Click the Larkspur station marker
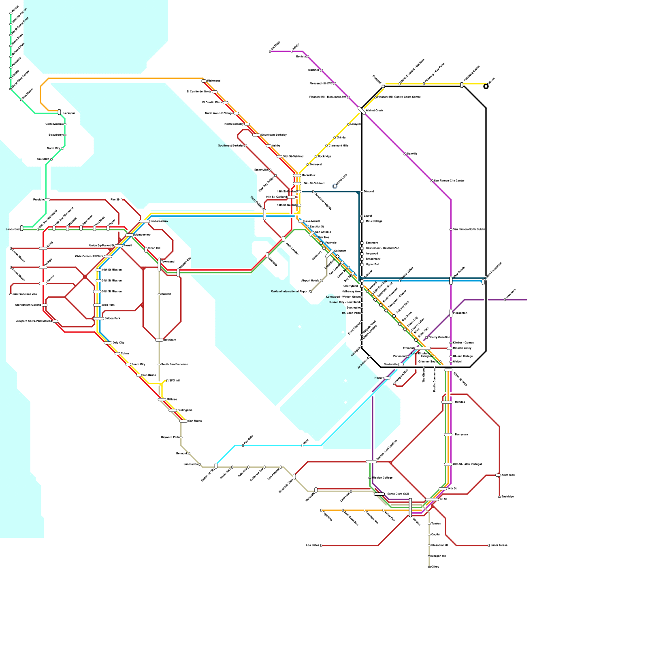(x=60, y=112)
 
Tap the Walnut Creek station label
(x=374, y=110)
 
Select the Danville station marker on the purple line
(x=405, y=154)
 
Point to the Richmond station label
(x=214, y=81)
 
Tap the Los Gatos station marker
(x=321, y=546)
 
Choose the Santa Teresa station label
(x=499, y=545)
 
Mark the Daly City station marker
(x=108, y=343)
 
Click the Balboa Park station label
(x=112, y=318)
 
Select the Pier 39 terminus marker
(x=122, y=200)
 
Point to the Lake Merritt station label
(x=312, y=221)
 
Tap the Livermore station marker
(x=505, y=300)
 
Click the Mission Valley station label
(x=462, y=348)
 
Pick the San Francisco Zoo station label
(x=25, y=294)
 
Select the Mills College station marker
(x=362, y=222)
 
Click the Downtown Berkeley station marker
(x=256, y=135)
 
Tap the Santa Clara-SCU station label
(x=398, y=494)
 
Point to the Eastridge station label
(x=507, y=497)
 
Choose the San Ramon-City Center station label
(x=449, y=181)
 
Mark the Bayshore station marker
(x=159, y=340)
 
